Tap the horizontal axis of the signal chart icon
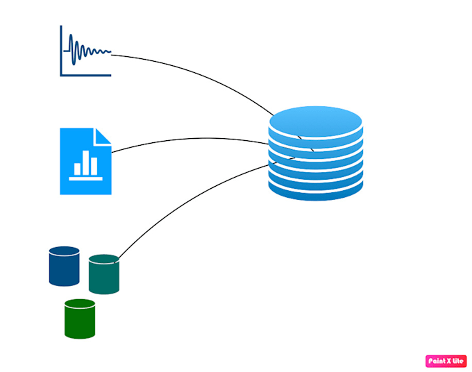click(x=86, y=74)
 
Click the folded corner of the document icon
click(x=103, y=136)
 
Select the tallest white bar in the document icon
click(x=85, y=162)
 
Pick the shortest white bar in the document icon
click(x=77, y=169)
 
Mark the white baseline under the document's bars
click(x=85, y=179)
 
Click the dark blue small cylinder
click(x=64, y=268)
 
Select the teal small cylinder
click(x=104, y=276)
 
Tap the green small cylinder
click(x=80, y=321)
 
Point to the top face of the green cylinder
click(x=80, y=303)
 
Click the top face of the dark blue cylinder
click(x=64, y=251)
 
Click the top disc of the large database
click(x=316, y=119)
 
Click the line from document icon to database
click(x=187, y=138)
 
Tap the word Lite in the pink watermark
click(x=457, y=361)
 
